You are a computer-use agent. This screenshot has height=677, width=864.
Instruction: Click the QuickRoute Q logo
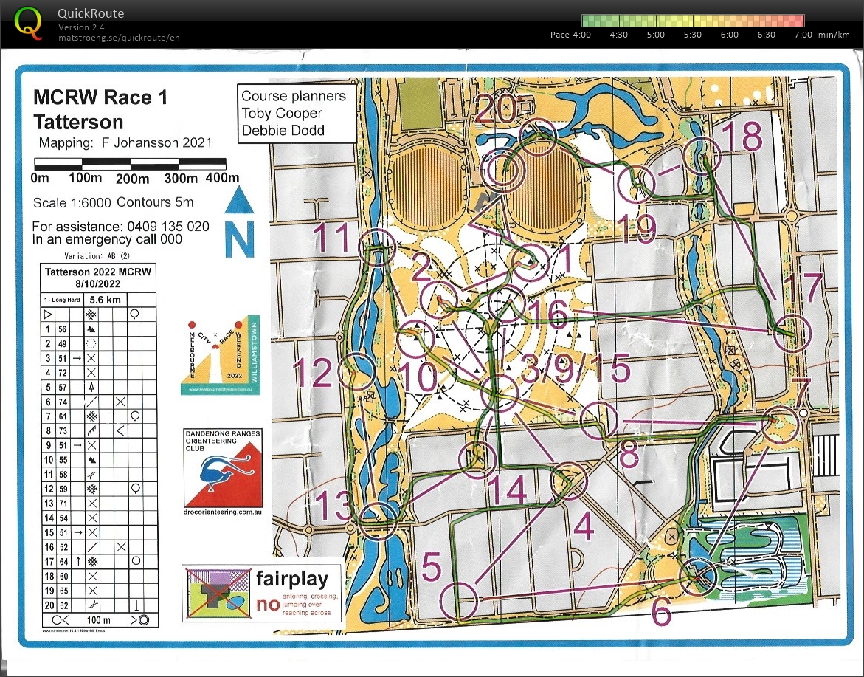click(x=29, y=22)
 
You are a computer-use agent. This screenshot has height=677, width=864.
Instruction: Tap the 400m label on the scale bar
click(x=222, y=178)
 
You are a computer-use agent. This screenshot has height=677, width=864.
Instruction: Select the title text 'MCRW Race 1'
click(x=100, y=98)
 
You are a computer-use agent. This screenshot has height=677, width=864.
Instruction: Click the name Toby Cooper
click(x=282, y=113)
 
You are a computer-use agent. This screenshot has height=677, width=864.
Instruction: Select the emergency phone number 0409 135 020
click(x=167, y=227)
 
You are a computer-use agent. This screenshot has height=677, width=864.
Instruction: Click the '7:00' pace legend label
click(x=803, y=35)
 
